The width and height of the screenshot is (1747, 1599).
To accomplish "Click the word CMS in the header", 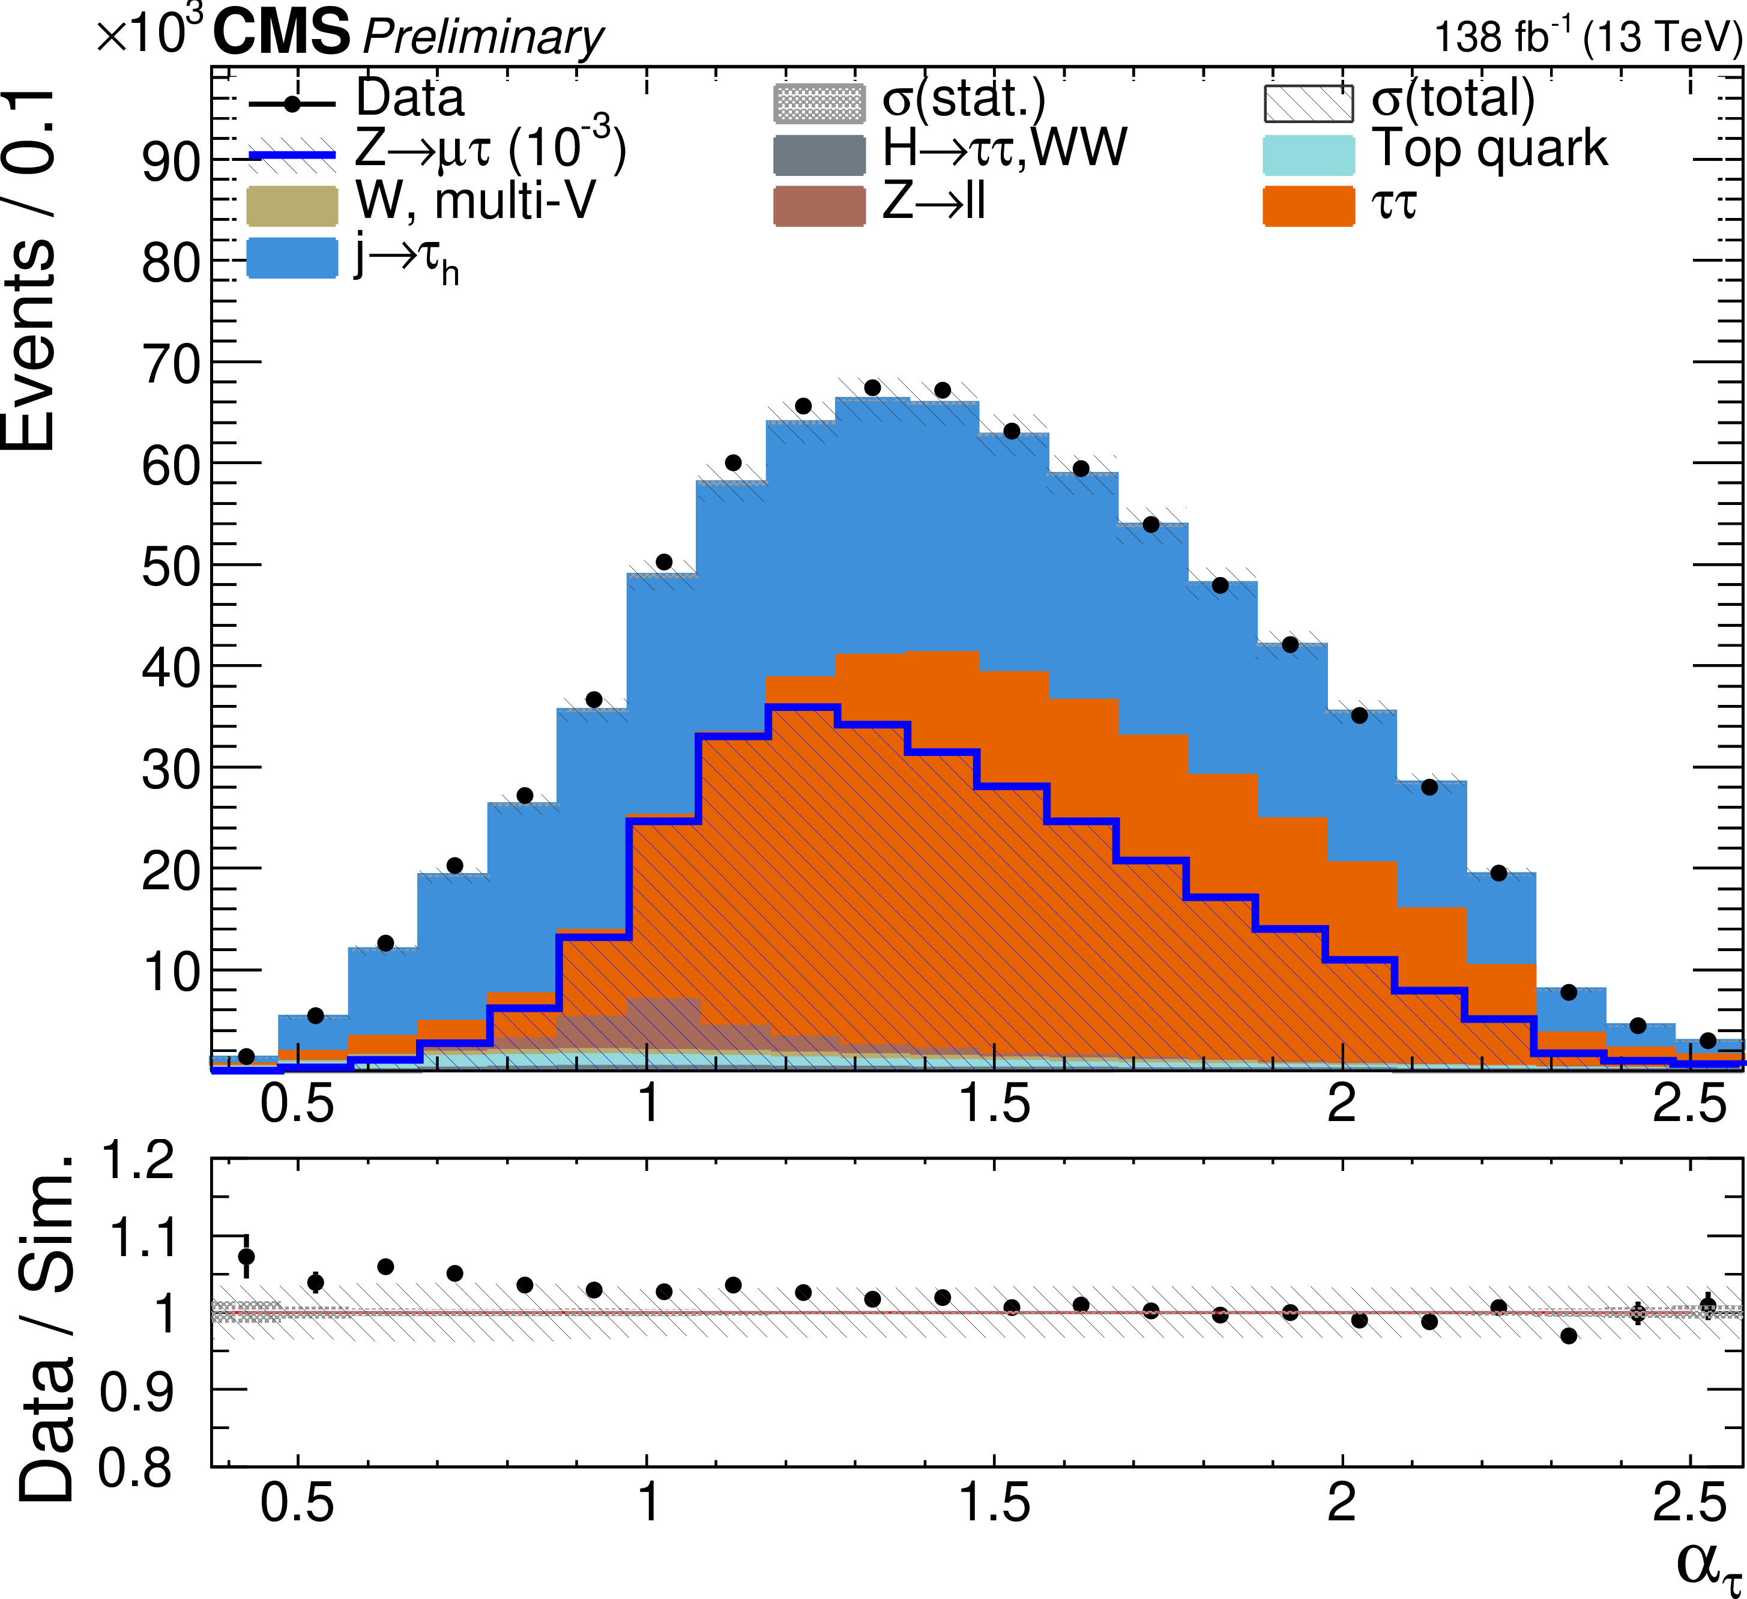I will (282, 33).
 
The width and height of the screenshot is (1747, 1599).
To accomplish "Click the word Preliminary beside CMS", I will (483, 38).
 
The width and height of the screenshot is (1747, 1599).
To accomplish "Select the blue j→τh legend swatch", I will (292, 258).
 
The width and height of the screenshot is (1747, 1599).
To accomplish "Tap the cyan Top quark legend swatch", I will (1309, 155).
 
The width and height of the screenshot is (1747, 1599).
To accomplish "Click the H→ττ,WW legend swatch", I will (819, 155).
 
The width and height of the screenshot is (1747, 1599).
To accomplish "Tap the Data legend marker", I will (292, 104).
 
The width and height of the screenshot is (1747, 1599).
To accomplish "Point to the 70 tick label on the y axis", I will (170, 364).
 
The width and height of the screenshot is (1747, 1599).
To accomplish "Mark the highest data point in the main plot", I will (873, 387).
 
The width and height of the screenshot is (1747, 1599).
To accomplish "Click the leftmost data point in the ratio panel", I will (246, 1256).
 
